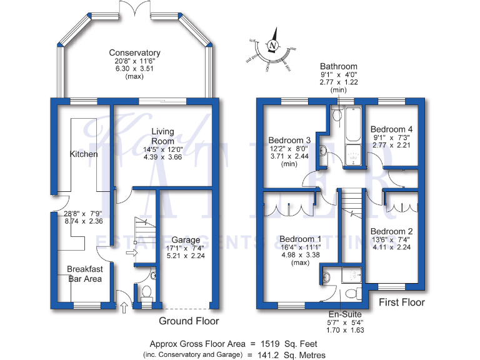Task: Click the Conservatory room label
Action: pyautogui.click(x=134, y=52)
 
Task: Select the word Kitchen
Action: pyautogui.click(x=84, y=154)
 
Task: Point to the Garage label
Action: pyautogui.click(x=186, y=239)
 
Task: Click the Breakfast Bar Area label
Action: pyautogui.click(x=84, y=274)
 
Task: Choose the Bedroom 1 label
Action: pyautogui.click(x=301, y=239)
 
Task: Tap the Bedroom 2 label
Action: pyautogui.click(x=392, y=231)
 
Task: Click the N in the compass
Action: pyautogui.click(x=272, y=45)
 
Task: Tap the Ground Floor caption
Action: pyautogui.click(x=189, y=321)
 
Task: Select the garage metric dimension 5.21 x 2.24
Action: pyautogui.click(x=186, y=255)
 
